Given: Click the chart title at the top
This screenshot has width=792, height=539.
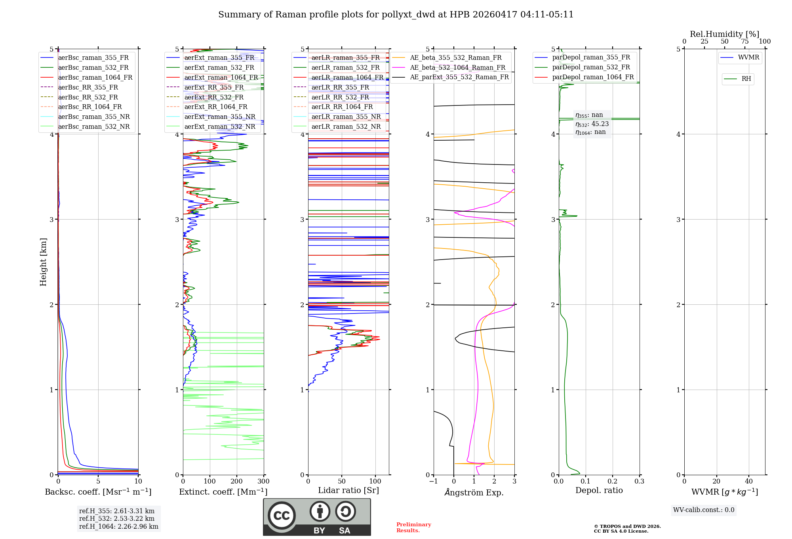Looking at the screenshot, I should point(396,15).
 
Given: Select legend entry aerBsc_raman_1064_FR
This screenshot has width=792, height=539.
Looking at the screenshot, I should point(95,77).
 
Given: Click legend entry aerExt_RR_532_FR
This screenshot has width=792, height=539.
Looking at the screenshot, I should point(214,97).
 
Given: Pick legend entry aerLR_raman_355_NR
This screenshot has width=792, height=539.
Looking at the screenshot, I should point(346,117).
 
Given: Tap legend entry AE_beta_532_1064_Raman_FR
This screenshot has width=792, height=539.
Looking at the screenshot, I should point(457,67).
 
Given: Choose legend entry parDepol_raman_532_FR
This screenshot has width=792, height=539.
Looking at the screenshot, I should point(591,67).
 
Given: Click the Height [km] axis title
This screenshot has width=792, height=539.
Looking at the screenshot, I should point(43,262).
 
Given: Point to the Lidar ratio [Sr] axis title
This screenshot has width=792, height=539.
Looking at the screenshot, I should point(348,490).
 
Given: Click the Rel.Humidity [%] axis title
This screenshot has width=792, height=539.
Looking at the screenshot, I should point(724,34).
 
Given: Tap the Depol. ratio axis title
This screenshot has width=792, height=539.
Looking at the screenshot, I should point(599,490).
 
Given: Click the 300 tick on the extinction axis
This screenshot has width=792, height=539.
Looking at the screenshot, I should point(263,482).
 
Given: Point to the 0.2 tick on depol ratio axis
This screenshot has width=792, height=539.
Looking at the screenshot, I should point(612,482).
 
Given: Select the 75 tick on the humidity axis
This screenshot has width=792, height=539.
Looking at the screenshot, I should point(744,42).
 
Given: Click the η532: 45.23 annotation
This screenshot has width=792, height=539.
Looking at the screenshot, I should point(592,124).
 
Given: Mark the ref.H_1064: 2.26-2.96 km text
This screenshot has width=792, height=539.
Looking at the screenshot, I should point(118,526).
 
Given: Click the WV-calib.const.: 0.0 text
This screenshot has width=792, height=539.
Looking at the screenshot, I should point(703,510).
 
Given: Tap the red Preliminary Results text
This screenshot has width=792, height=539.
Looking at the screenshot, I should point(413,527).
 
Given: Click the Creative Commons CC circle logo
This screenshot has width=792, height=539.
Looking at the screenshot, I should point(282,515).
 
